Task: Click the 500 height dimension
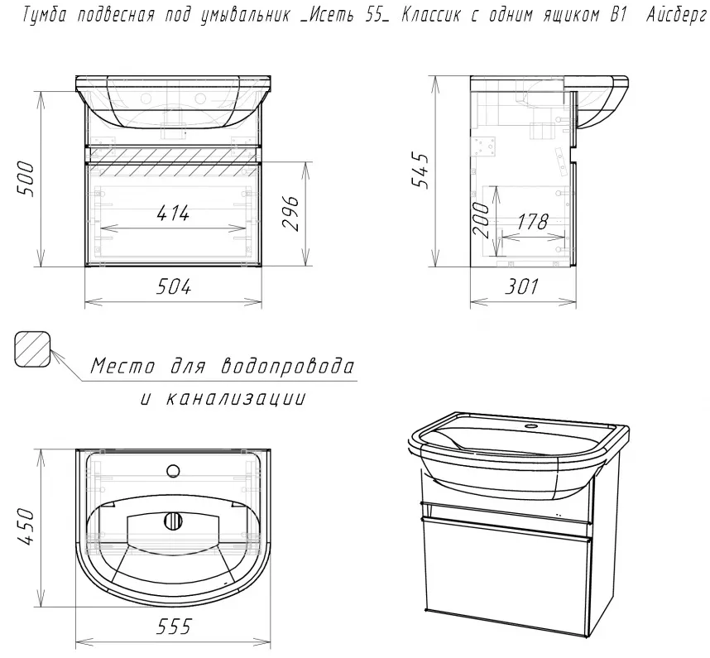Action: point(26,180)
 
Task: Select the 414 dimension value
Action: point(173,213)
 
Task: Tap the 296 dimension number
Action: point(290,214)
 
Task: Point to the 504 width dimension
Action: point(174,286)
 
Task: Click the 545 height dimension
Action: point(419,171)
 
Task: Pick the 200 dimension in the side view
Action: point(481,220)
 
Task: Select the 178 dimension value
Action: point(533,222)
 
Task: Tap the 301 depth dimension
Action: point(521,286)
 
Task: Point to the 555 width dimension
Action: point(174,627)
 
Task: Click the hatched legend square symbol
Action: point(32,349)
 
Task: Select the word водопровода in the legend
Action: point(287,366)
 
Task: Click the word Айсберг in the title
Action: point(677,17)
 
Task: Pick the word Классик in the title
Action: point(430,16)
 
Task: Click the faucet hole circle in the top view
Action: point(174,471)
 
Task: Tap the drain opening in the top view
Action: point(173,521)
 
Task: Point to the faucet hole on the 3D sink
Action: point(530,426)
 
